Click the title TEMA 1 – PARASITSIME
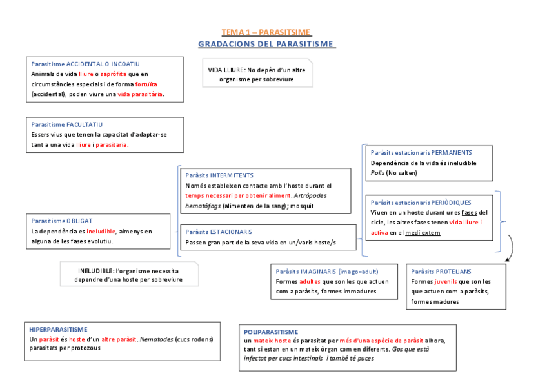[x=266, y=32]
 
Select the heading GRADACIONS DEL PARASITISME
[x=266, y=44]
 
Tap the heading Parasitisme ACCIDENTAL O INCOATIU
[x=85, y=64]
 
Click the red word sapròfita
[x=114, y=74]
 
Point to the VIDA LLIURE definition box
[x=257, y=74]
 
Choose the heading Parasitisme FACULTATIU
[x=66, y=124]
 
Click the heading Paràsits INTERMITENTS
[x=219, y=175]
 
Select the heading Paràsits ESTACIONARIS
[x=219, y=231]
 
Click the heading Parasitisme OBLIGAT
[x=62, y=221]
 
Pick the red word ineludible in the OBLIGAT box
[x=101, y=231]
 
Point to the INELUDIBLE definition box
[x=128, y=275]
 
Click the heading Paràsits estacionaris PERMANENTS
[x=421, y=153]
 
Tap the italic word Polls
[x=377, y=172]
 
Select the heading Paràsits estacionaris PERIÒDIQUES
[x=421, y=203]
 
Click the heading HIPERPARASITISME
[x=59, y=329]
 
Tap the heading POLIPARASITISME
[x=271, y=332]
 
